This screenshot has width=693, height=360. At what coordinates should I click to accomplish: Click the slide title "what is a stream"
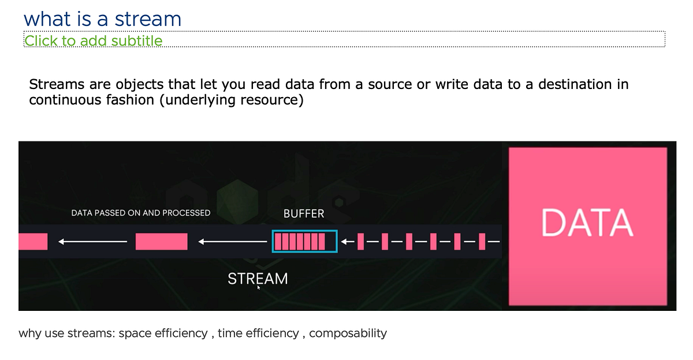point(102,18)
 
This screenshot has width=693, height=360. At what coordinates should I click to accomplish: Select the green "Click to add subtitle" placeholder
point(93,40)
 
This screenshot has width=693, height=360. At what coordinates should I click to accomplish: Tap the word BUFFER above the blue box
point(304,214)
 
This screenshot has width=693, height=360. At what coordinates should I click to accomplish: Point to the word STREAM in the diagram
point(258,279)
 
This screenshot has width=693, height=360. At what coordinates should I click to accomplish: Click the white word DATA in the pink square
point(587,223)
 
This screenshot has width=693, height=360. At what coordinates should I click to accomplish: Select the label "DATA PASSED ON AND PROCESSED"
point(140,213)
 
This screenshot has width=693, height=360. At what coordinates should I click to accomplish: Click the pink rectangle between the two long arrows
point(162,242)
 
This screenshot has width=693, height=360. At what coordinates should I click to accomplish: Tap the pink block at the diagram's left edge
point(32,242)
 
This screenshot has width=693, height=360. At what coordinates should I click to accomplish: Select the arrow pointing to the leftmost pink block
point(92,242)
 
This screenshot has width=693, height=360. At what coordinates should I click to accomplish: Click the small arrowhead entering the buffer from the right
point(345,242)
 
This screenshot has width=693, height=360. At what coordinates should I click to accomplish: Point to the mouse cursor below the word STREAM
point(258,287)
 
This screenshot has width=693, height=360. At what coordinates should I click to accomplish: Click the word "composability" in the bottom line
point(348,333)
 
